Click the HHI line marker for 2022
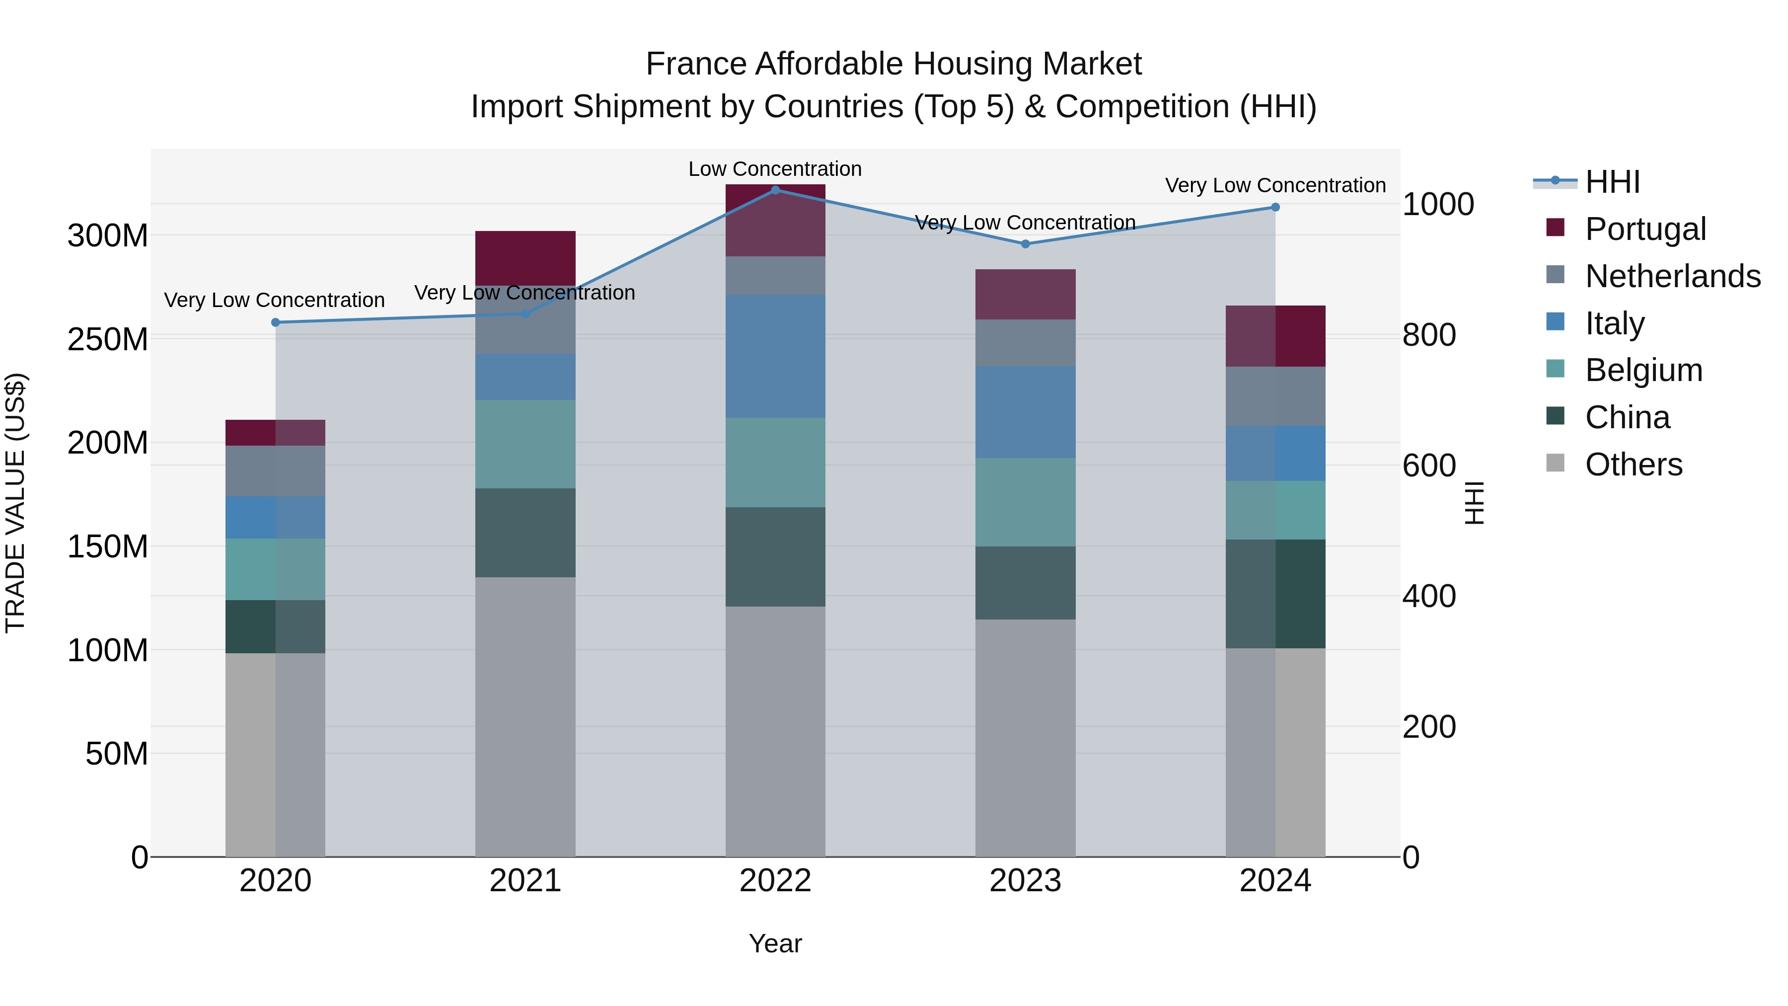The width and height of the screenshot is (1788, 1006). point(775,190)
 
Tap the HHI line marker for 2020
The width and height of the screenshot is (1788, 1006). point(276,322)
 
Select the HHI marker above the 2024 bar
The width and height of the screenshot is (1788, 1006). point(1275,207)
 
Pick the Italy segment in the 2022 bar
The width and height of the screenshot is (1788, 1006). point(775,356)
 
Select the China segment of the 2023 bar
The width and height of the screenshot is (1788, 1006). point(1025,583)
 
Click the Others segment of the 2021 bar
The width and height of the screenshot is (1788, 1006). point(525,715)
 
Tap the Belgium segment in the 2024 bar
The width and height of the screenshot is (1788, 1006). point(1275,510)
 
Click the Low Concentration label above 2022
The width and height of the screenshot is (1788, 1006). point(775,169)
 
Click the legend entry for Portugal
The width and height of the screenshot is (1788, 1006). point(1645,229)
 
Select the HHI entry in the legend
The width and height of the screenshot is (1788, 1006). point(1612,182)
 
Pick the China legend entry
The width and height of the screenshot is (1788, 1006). point(1627,417)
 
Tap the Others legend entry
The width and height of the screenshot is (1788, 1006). point(1633,464)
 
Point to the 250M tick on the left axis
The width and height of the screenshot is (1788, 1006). point(108,339)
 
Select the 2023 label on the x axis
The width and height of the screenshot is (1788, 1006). point(1025,881)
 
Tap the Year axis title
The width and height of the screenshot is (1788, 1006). point(775,943)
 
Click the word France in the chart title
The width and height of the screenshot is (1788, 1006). point(696,64)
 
